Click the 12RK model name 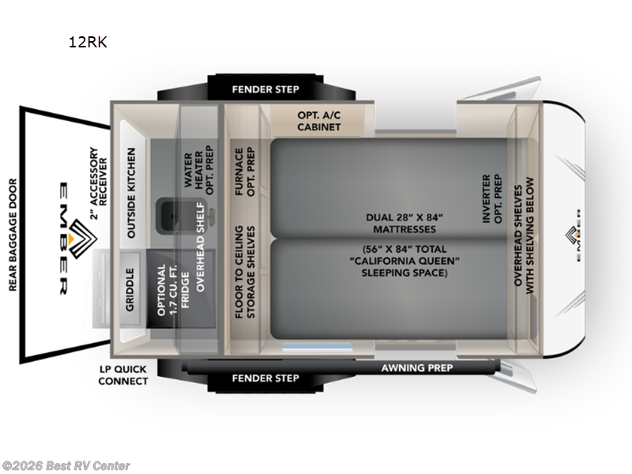click(x=87, y=43)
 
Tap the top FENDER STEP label click(x=265, y=89)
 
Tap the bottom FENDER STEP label click(x=265, y=378)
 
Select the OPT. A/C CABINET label click(x=319, y=120)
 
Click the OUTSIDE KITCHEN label click(x=132, y=193)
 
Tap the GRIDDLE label click(x=131, y=289)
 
